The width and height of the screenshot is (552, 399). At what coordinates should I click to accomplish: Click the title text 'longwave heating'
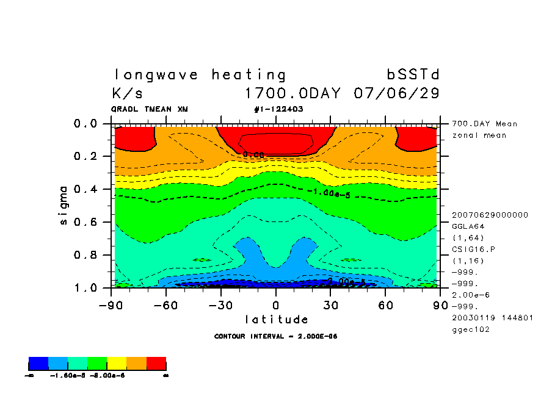200,75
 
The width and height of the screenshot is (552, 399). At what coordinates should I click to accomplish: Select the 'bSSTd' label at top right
413,75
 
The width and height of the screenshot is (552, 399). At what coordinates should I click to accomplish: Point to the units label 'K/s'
128,94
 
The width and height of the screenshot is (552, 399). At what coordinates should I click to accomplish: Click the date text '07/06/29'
396,94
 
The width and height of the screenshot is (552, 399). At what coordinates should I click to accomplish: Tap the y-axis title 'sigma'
64,205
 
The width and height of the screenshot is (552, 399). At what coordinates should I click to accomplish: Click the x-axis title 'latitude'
276,319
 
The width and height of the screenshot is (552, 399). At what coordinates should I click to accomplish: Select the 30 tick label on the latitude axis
330,304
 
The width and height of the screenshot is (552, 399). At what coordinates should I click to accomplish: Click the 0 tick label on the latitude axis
276,304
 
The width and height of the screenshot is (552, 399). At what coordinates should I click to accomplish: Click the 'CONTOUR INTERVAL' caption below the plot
276,336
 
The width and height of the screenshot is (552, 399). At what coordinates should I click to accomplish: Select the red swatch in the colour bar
156,364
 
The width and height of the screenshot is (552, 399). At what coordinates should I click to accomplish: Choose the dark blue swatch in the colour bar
38,364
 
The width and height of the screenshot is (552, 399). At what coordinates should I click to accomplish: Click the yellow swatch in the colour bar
117,364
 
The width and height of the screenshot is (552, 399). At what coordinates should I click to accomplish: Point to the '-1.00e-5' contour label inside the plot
329,193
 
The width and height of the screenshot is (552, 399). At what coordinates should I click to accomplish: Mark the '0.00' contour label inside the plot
253,155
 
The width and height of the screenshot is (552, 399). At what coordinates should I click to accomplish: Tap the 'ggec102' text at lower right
470,329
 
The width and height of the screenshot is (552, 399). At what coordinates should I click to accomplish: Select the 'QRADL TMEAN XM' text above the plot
149,109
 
